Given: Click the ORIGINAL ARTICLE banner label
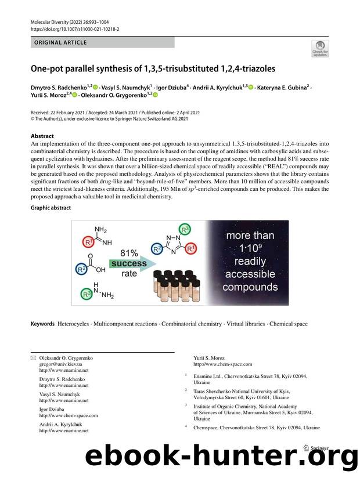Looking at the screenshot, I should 61,42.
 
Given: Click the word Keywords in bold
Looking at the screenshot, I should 43,324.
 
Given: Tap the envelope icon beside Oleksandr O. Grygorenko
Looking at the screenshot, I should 33,358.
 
